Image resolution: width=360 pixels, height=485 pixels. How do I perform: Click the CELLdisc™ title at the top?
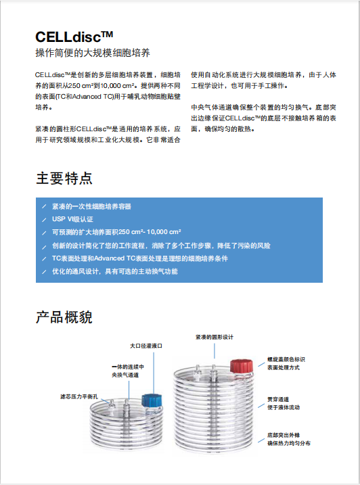(74, 37)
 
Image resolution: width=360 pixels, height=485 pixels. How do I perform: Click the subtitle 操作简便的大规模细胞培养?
(92, 53)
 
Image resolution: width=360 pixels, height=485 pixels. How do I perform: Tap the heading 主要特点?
(64, 179)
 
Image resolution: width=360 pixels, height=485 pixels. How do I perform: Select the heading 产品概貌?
(64, 317)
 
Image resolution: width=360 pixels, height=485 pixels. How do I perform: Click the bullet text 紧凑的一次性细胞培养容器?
(91, 206)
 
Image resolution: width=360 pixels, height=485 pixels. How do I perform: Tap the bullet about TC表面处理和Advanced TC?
(149, 258)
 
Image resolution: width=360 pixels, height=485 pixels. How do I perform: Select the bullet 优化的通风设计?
(115, 271)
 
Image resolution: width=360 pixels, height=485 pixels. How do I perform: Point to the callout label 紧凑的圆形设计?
(215, 337)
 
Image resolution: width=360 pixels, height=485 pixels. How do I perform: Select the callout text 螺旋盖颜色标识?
(287, 359)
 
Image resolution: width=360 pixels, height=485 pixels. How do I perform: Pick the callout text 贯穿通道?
(278, 399)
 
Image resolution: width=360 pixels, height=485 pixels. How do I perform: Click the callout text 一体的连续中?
(128, 367)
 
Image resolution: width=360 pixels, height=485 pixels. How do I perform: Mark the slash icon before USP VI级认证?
(44, 219)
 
